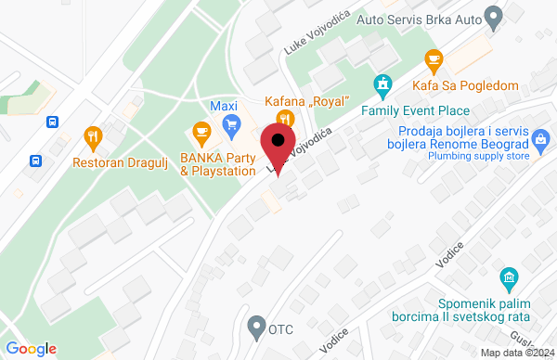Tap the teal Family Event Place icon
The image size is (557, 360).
[x=381, y=85]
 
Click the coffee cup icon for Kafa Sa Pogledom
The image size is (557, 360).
[x=433, y=60]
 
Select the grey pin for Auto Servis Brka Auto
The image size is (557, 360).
[x=494, y=16]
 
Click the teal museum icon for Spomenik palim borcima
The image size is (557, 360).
[x=508, y=278]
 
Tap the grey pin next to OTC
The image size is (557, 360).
[x=256, y=327]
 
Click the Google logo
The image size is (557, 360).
[x=32, y=349]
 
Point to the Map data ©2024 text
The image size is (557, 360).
[x=518, y=352]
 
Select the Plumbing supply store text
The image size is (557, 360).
[x=479, y=157]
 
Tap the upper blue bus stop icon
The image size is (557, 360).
[x=54, y=122]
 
